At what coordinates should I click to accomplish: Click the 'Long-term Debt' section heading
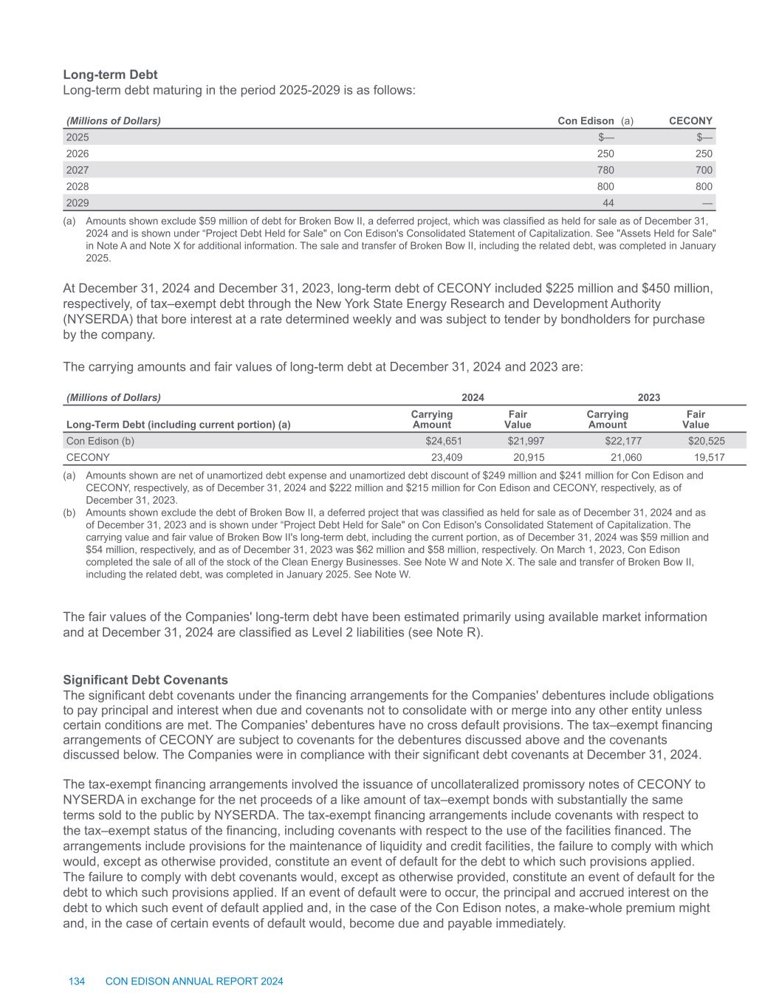(x=110, y=75)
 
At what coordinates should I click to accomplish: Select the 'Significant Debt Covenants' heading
(x=145, y=679)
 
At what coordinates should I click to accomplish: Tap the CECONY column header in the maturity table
(x=690, y=120)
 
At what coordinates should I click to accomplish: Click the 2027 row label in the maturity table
(x=78, y=170)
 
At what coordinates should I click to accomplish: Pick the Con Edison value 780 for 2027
(x=604, y=170)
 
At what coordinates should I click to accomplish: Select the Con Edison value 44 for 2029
(x=608, y=202)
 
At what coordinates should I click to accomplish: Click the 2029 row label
(x=78, y=202)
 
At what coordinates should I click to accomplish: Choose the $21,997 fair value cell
(x=525, y=441)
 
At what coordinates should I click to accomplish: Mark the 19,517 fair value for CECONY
(x=709, y=457)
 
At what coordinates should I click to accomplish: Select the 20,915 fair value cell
(x=529, y=457)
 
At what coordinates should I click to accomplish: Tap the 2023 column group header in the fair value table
(x=648, y=397)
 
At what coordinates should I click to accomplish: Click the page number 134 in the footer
(x=76, y=981)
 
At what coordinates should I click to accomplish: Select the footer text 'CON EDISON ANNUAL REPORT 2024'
(x=194, y=981)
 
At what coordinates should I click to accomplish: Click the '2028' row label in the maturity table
(x=78, y=186)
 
